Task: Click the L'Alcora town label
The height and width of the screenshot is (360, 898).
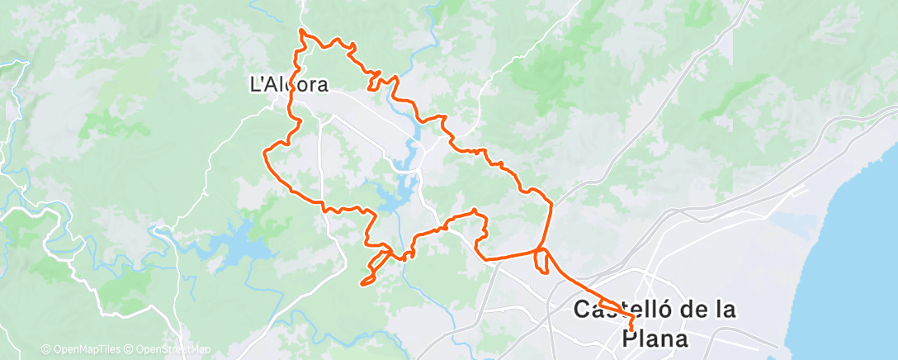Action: pos(289,83)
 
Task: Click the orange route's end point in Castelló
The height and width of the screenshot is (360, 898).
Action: pos(631,329)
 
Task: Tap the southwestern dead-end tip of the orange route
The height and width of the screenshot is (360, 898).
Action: pos(362,285)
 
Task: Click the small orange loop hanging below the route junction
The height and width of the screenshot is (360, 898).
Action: pos(541,263)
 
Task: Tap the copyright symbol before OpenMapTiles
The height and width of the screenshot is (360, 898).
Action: pos(46,349)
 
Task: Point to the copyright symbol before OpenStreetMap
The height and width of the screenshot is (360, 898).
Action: pos(130,349)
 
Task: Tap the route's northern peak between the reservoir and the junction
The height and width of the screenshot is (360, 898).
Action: pos(475,213)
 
